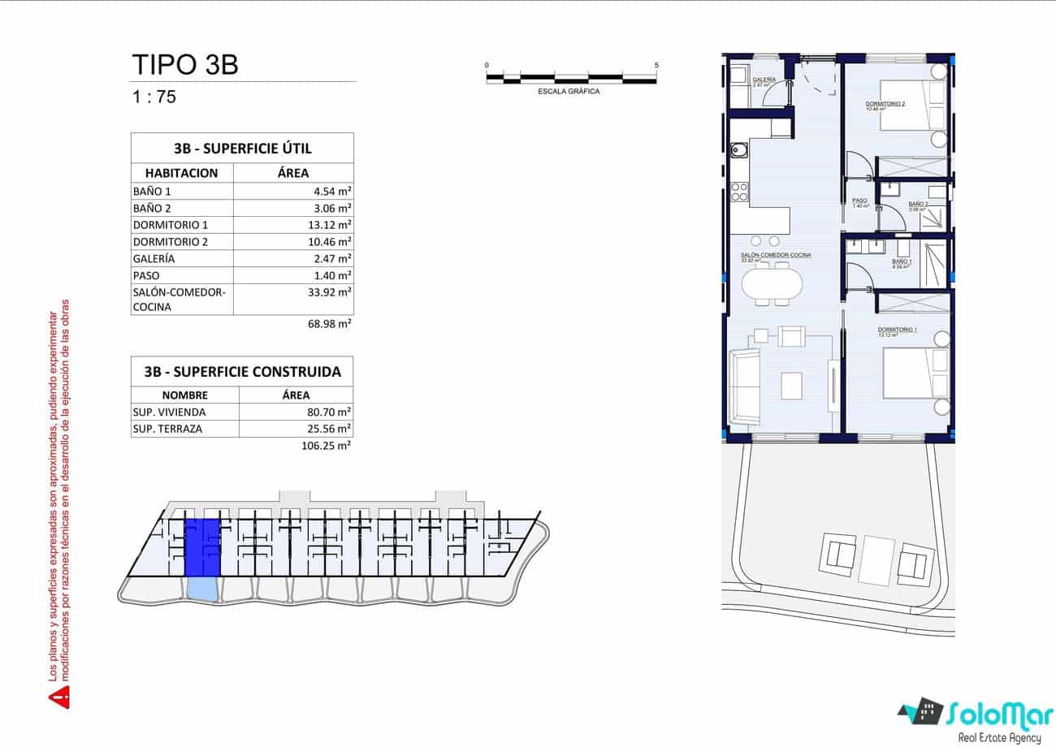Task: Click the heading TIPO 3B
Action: tap(184, 64)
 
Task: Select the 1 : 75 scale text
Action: tap(154, 97)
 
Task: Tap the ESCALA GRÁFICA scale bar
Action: tap(571, 79)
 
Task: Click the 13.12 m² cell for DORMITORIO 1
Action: tap(332, 225)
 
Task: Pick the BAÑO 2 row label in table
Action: tap(152, 208)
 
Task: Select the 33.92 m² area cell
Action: tap(332, 291)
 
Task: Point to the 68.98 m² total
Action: tap(332, 323)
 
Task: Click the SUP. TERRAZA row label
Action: tap(167, 429)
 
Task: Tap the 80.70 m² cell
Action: tap(332, 412)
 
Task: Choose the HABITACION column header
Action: tap(182, 173)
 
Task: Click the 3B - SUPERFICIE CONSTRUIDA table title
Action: tap(242, 373)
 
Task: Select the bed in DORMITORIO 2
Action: tap(910, 106)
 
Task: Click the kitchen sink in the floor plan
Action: tap(740, 151)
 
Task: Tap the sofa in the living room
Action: tap(744, 386)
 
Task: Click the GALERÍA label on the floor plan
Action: tap(764, 80)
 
